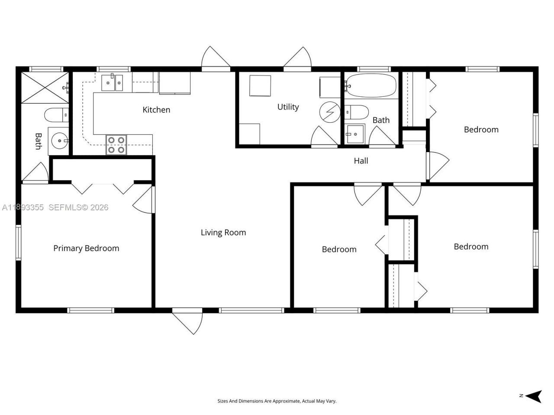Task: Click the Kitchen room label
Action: click(x=156, y=110)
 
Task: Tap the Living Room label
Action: click(x=223, y=233)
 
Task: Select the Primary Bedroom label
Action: click(x=86, y=248)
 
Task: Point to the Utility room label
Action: click(x=288, y=107)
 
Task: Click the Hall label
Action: click(x=361, y=161)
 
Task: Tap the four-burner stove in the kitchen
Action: click(x=116, y=145)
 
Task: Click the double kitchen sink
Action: click(x=112, y=82)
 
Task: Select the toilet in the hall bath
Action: click(x=357, y=112)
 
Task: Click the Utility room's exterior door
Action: click(x=298, y=58)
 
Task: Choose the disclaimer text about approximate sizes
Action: click(x=277, y=401)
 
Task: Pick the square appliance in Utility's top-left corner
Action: click(x=260, y=86)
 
